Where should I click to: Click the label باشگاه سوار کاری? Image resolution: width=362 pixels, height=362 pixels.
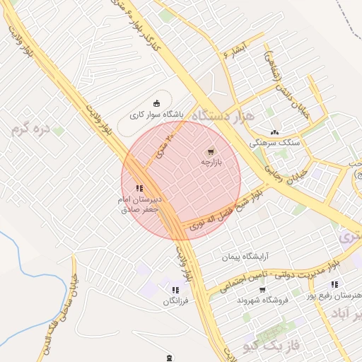(156, 114)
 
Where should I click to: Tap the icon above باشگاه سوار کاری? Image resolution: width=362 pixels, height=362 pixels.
(156, 103)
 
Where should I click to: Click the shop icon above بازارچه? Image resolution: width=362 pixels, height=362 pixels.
(210, 152)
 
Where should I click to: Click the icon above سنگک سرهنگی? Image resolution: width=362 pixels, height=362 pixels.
(274, 132)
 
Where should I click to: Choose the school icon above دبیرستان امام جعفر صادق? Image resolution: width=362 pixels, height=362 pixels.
(139, 188)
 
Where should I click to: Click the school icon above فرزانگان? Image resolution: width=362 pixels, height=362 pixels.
(175, 290)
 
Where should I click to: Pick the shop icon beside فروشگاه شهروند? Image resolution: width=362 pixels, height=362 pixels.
(262, 289)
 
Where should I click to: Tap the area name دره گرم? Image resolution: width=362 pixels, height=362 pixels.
(32, 129)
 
